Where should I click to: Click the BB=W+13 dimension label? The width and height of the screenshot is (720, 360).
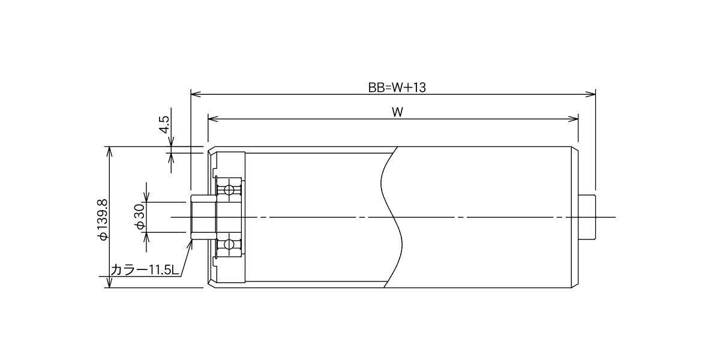click(x=397, y=88)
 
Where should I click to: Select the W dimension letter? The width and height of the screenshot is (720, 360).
click(x=398, y=112)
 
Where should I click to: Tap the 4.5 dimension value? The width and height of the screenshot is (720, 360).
click(x=164, y=124)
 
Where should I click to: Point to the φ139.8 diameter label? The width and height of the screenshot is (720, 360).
click(x=103, y=220)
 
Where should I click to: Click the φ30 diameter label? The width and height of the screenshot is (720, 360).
click(x=140, y=217)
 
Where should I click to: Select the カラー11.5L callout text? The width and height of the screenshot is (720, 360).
click(x=145, y=270)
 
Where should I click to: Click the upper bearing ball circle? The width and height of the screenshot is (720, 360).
click(x=229, y=190)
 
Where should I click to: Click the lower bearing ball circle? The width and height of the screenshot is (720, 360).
click(x=229, y=244)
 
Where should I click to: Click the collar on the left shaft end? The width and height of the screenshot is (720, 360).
click(x=203, y=217)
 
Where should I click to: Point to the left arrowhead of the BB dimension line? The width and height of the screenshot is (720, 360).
click(x=196, y=94)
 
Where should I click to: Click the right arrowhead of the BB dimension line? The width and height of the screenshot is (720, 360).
click(x=590, y=94)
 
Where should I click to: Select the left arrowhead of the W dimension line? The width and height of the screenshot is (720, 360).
click(x=213, y=119)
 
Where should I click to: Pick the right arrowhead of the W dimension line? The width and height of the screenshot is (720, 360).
click(x=573, y=119)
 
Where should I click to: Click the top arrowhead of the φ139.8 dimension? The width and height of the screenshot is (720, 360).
click(x=109, y=151)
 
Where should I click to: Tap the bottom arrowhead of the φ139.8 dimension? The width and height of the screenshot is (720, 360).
click(x=109, y=283)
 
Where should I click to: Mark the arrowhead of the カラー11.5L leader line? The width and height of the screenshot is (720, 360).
click(x=190, y=244)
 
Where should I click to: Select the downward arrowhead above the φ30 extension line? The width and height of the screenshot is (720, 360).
click(x=147, y=197)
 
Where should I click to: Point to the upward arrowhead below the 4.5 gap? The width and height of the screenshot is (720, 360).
click(x=171, y=158)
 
